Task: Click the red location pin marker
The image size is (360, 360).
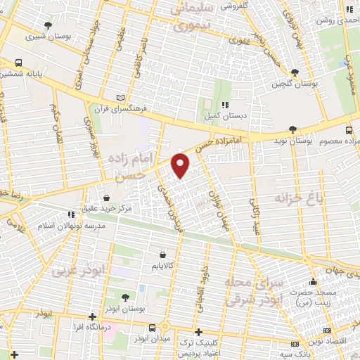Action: [181, 165]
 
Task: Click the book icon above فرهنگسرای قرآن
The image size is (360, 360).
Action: [121, 98]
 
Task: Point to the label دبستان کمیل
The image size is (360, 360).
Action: [222, 115]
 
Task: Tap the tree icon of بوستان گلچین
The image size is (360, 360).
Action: [295, 72]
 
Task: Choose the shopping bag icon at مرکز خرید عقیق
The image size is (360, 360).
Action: [105, 198]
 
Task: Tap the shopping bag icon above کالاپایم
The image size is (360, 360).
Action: [164, 255]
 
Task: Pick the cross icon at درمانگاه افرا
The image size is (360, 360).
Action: [93, 317]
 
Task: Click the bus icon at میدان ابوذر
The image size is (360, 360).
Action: [151, 327]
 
